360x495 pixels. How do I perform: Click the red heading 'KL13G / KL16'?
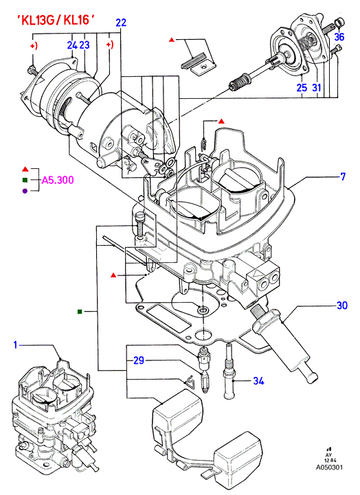(56, 20)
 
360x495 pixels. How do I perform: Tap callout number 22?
(121, 23)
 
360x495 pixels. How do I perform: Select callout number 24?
(72, 45)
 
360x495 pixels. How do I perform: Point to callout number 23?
(85, 45)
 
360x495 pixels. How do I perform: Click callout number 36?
(339, 37)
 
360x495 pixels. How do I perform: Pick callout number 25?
(302, 87)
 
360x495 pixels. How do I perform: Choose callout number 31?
(317, 87)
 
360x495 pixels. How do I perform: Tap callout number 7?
(344, 176)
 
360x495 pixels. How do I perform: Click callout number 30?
(342, 306)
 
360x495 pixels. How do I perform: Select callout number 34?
(258, 381)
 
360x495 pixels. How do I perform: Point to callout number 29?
(139, 360)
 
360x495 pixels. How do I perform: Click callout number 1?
(15, 345)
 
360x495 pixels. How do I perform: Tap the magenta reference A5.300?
(58, 180)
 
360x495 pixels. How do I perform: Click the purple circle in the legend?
(25, 191)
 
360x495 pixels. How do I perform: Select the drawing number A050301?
(329, 468)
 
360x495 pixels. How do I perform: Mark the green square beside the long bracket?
(80, 312)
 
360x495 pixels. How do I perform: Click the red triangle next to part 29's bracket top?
(113, 275)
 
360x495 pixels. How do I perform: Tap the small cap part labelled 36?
(340, 23)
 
